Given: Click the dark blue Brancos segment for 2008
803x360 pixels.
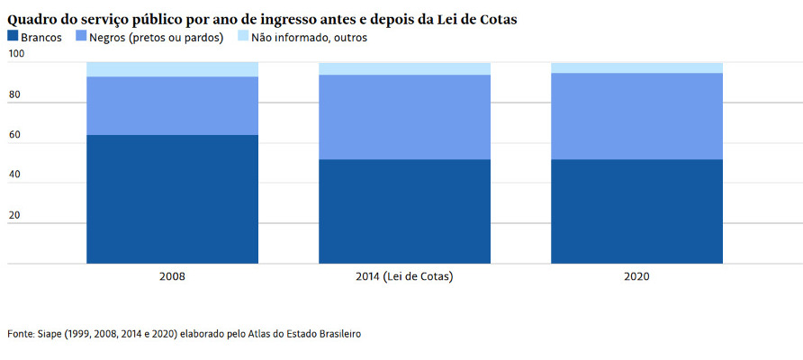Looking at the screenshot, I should [x=172, y=199].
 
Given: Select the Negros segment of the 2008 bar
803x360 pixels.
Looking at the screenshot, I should [x=172, y=105].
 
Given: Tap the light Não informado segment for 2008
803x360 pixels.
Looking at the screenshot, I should [x=172, y=69].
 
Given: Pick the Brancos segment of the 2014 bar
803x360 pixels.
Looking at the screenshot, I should [x=404, y=211].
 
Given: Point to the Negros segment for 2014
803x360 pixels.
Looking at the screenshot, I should [x=404, y=117].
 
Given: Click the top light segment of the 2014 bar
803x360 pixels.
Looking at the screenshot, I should [x=404, y=68].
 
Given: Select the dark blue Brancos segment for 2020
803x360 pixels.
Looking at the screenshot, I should [x=636, y=211].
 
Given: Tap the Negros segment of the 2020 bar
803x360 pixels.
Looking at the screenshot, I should [x=636, y=116].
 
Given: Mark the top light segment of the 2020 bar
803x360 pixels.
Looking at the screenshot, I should [x=636, y=67].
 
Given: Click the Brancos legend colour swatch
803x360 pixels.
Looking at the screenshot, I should [x=13, y=37].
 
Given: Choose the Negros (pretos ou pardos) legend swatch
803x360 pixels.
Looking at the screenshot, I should [x=81, y=37].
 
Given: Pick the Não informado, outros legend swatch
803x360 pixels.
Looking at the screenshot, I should [x=243, y=37].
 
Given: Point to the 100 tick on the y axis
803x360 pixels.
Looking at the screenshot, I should [x=16, y=55].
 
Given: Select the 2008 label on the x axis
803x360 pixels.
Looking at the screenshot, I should [x=172, y=277].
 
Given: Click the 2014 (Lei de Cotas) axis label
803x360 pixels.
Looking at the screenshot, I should [x=404, y=277].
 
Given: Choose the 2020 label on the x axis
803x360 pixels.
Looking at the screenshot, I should [x=636, y=277].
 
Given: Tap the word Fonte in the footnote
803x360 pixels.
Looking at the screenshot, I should [x=20, y=334].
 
